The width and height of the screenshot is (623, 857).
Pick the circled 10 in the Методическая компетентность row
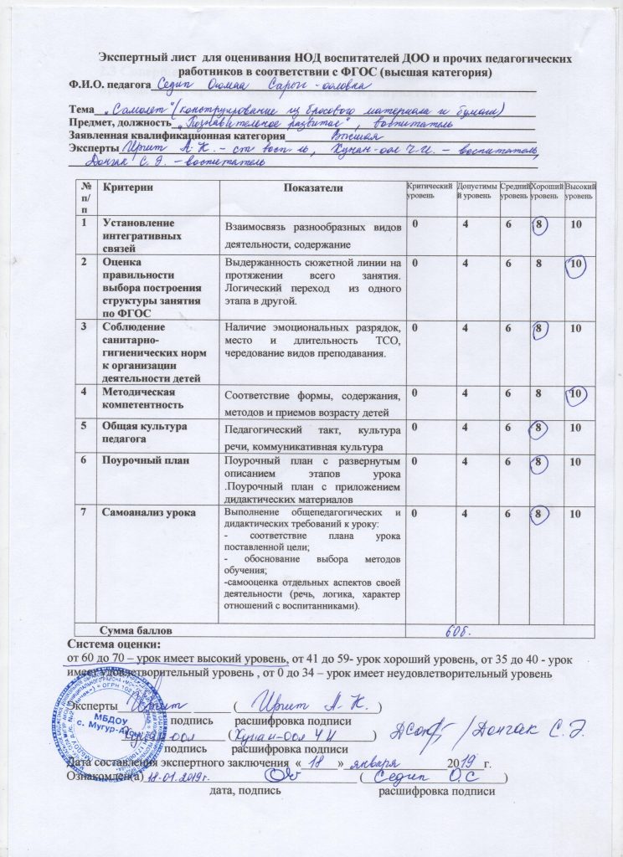(x=574, y=393)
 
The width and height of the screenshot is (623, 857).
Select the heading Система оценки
(x=114, y=644)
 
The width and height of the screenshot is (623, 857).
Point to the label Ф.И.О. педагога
(x=108, y=85)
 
